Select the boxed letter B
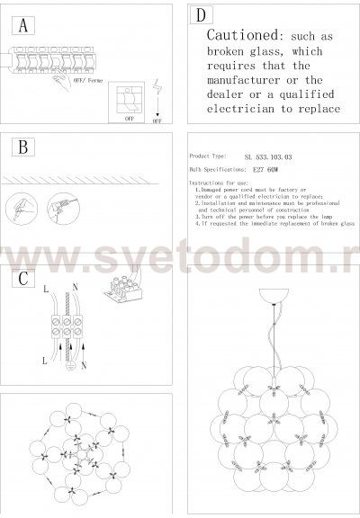(22, 147)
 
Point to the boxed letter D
(201, 15)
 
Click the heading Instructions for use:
(221, 183)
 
